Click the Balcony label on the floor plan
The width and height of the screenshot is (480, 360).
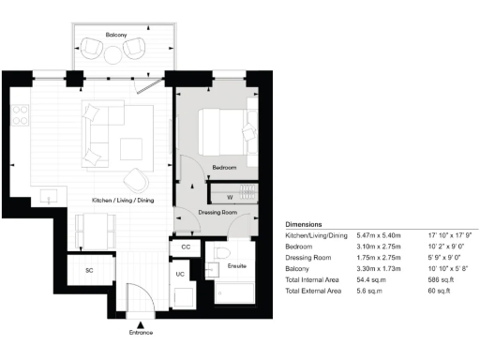coord(116,35)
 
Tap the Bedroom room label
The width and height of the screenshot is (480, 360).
coord(224,167)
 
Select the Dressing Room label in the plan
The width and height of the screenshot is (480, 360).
coord(217,213)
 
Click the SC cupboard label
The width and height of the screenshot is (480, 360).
coord(90,270)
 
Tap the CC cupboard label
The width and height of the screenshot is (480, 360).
coord(186,247)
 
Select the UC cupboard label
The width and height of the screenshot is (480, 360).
coord(180,275)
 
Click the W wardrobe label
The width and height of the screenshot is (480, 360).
coord(229,196)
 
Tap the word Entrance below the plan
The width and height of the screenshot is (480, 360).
coord(139,332)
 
